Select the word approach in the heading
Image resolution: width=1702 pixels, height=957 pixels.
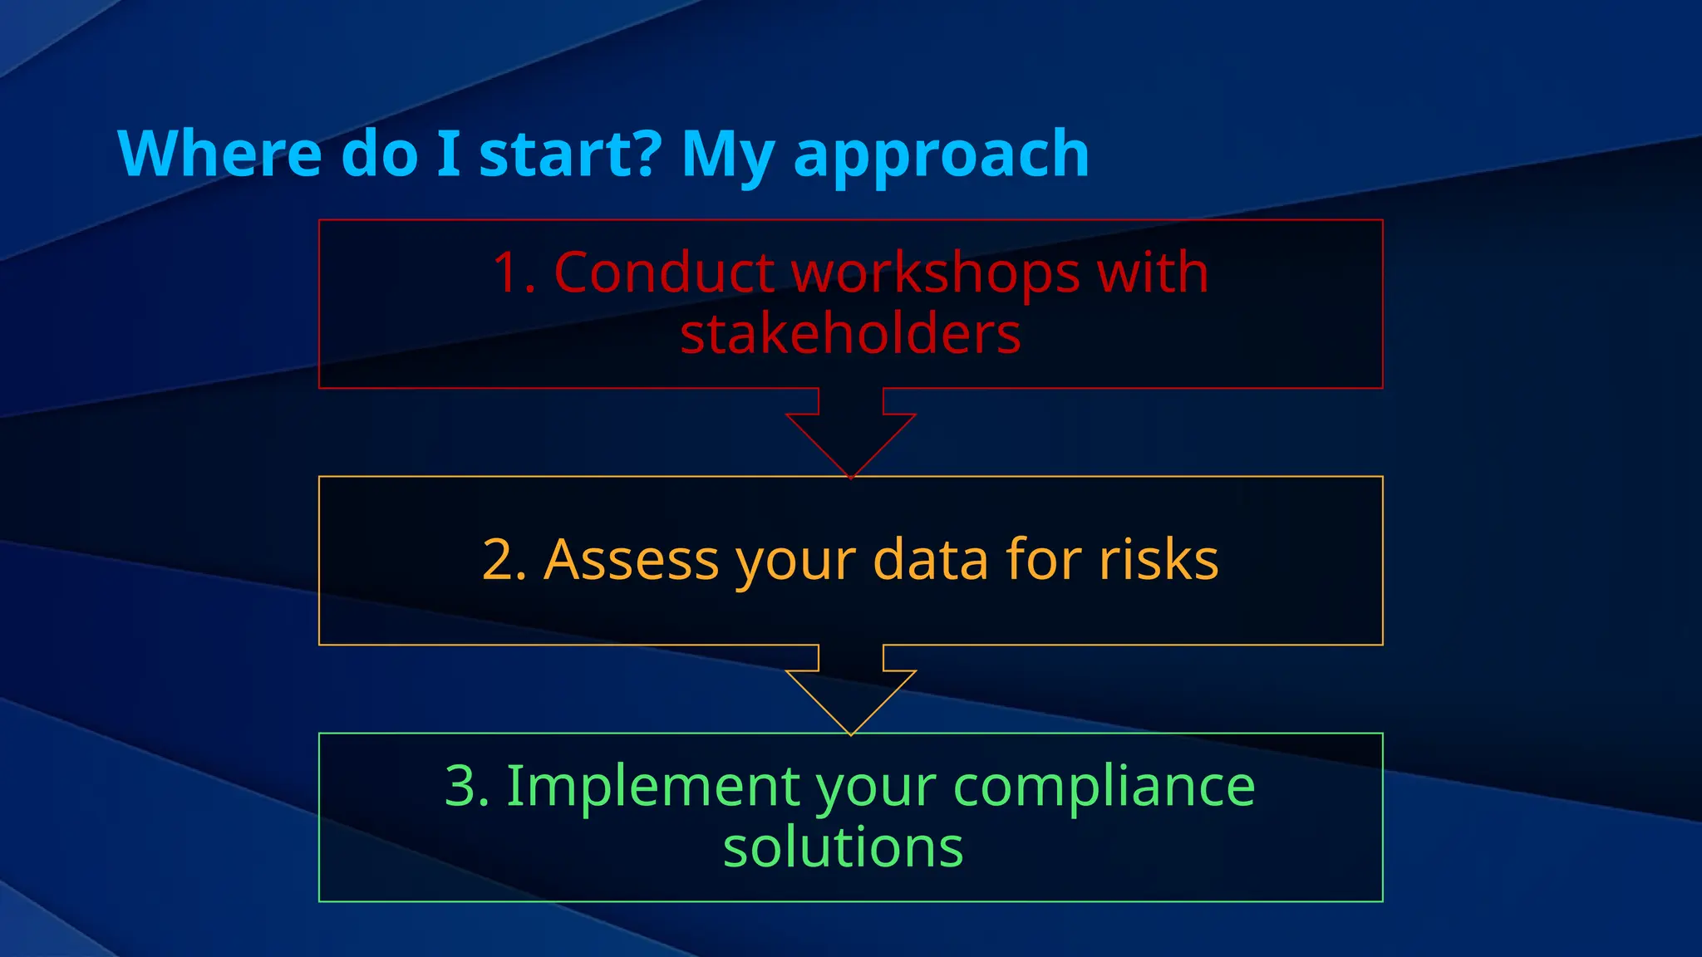tap(942, 156)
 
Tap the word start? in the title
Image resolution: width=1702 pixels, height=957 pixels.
tap(570, 155)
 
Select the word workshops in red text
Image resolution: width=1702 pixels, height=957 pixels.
tap(936, 274)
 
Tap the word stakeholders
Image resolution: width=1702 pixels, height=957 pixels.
tap(850, 334)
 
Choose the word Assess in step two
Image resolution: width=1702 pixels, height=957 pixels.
tap(632, 559)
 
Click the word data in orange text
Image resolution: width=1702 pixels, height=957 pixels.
tap(932, 559)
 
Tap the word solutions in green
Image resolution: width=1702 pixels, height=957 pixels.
tap(843, 847)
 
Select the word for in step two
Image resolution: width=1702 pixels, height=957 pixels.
tap(1044, 559)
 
